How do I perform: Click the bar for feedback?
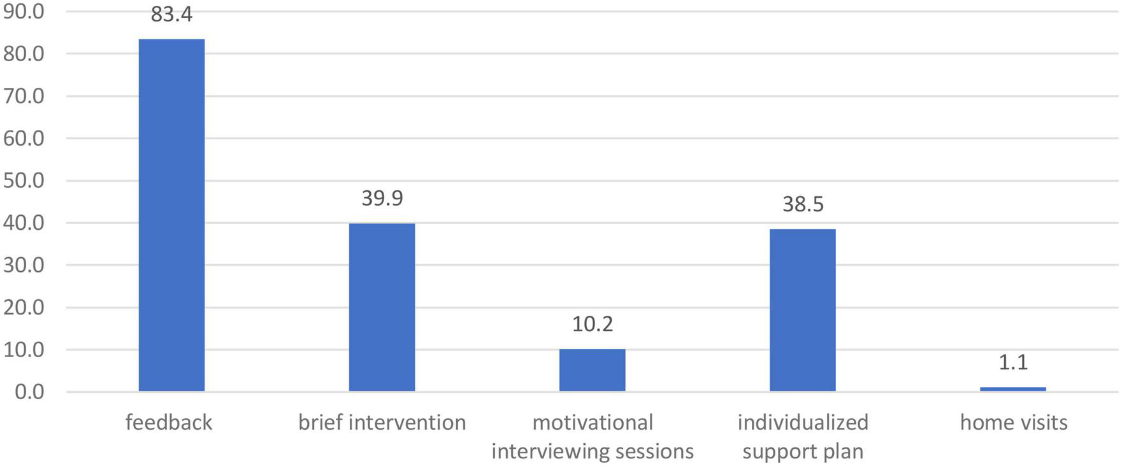(171, 215)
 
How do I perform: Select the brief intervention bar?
(382, 307)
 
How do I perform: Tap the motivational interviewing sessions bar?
(592, 370)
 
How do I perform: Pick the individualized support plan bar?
(802, 310)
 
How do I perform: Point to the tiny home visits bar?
(1012, 389)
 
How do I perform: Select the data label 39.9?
(382, 199)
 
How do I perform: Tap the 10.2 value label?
(592, 325)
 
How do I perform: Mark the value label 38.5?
(802, 204)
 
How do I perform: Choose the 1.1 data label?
(1012, 362)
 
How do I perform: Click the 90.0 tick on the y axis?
(24, 11)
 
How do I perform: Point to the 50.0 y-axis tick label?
(24, 181)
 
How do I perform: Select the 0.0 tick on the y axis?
(29, 392)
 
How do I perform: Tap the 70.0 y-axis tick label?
(24, 96)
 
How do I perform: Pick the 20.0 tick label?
(24, 307)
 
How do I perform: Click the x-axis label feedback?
(169, 423)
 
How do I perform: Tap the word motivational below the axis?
(593, 423)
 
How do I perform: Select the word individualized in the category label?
(803, 423)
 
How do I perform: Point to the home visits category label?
(1013, 423)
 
